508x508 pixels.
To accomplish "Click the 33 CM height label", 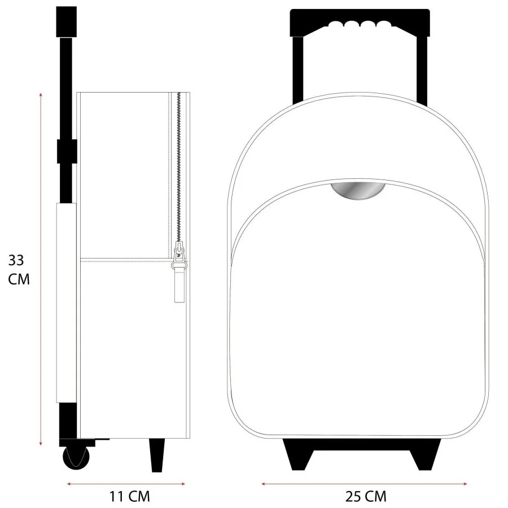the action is pyautogui.click(x=19, y=270).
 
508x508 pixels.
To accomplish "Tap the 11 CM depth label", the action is pyautogui.click(x=129, y=496).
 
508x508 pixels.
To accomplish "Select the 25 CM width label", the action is pyautogui.click(x=366, y=496).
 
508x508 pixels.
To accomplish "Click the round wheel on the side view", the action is pyautogui.click(x=76, y=458).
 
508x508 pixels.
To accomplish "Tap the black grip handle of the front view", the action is pyautogui.click(x=360, y=22).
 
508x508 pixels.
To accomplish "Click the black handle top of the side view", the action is pyautogui.click(x=67, y=21).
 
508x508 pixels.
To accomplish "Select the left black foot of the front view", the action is pyautogui.click(x=298, y=454).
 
